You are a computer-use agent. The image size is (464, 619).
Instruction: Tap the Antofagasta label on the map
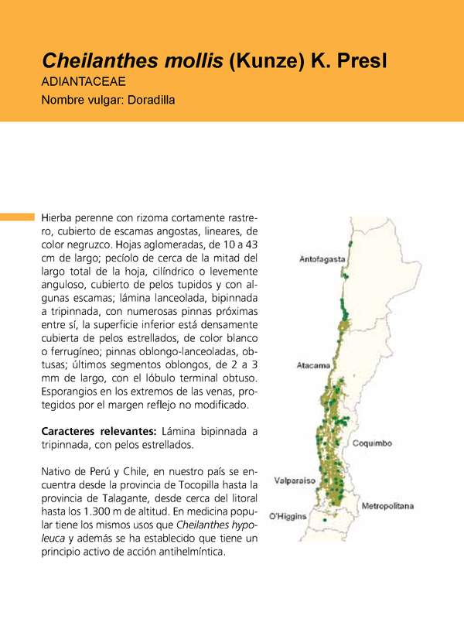(x=322, y=261)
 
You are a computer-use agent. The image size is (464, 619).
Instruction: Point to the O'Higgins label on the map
(x=288, y=516)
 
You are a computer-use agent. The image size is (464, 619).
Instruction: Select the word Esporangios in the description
(x=72, y=392)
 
